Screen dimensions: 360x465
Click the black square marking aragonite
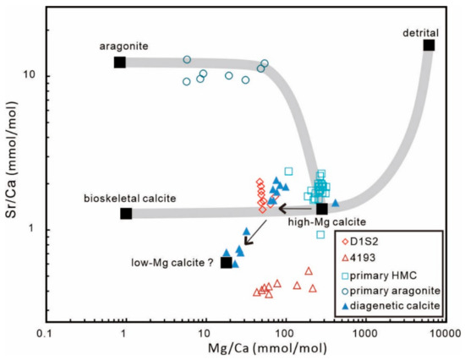coord(119,62)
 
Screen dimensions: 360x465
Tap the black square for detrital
coord(429,45)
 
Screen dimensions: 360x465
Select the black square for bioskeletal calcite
coord(126,213)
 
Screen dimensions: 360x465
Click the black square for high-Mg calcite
coord(322,209)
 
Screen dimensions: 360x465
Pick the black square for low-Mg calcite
coord(226,263)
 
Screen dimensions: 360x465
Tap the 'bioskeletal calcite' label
coord(129,198)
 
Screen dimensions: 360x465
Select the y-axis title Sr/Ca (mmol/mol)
coord(11,169)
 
